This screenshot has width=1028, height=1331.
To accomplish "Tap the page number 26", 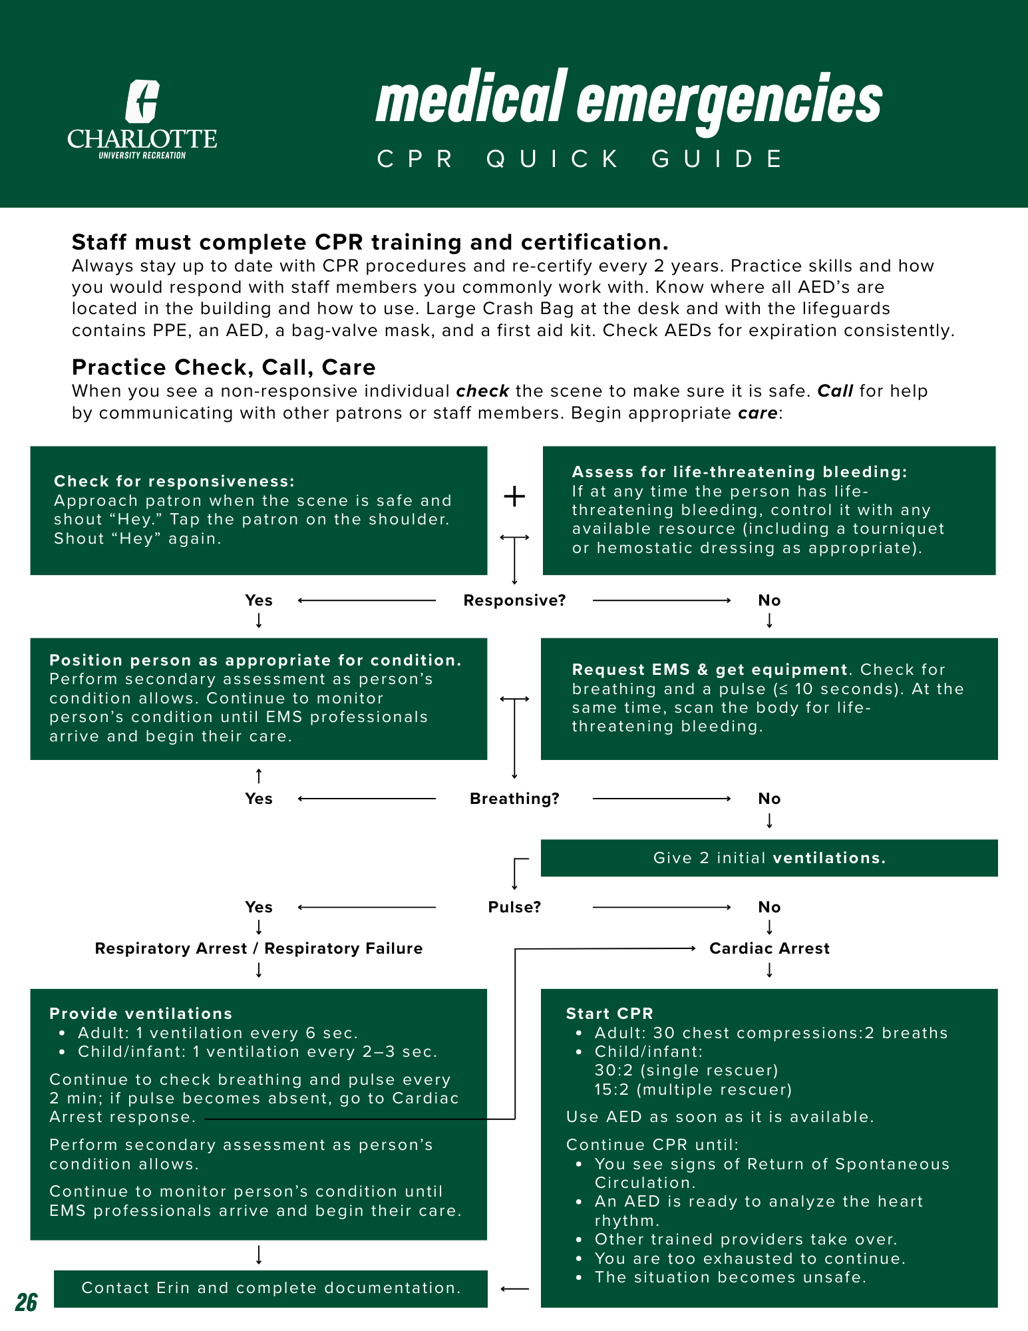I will tap(27, 1302).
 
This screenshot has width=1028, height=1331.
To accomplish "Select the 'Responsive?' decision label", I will tap(514, 600).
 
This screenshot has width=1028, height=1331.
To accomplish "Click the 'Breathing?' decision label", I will tap(514, 799).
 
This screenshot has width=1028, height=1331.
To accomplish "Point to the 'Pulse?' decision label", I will tap(514, 907).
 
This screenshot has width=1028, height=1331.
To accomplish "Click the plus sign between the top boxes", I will tap(514, 496).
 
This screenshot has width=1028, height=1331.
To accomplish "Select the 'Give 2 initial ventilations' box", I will tap(769, 858).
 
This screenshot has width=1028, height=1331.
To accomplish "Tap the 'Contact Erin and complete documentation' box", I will tap(271, 1288).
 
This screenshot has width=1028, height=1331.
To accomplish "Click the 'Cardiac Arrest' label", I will tap(769, 948).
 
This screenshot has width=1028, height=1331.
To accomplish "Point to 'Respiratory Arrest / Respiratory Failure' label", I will tap(259, 948).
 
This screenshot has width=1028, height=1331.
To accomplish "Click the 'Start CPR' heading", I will tap(609, 1014).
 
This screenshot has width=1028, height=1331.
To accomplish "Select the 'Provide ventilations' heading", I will tap(141, 1014).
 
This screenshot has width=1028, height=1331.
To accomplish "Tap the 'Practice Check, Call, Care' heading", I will tap(224, 367).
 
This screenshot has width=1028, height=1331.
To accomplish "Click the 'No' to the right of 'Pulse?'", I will tap(769, 907).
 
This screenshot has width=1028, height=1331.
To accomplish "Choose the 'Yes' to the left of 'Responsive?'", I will tap(259, 600).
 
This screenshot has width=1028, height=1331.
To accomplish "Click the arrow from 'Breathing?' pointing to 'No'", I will tap(661, 799).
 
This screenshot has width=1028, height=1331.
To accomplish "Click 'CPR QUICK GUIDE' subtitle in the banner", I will tap(581, 160).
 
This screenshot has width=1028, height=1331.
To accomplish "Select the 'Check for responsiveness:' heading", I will tap(174, 481).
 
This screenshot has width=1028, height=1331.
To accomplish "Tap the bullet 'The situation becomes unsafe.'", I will tap(730, 1277).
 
